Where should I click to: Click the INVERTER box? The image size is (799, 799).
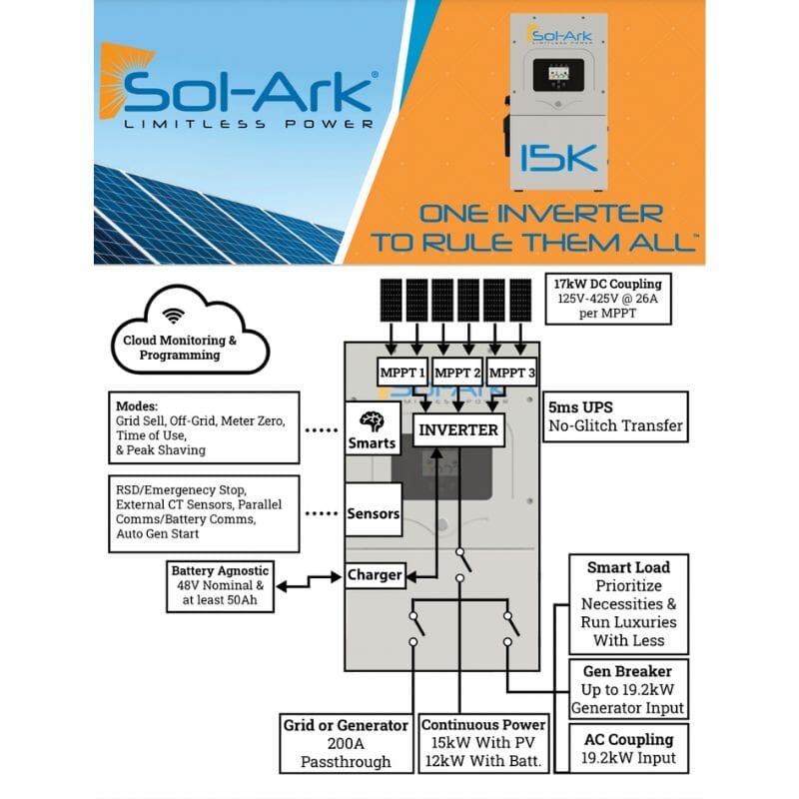click(458, 430)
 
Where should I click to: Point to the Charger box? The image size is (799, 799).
click(375, 574)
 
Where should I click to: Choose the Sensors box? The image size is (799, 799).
click(374, 514)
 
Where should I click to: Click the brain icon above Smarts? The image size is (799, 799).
click(372, 420)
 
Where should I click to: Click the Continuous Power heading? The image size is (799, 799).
click(483, 724)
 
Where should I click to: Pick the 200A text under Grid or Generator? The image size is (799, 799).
click(345, 743)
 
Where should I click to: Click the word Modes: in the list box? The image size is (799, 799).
click(137, 406)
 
